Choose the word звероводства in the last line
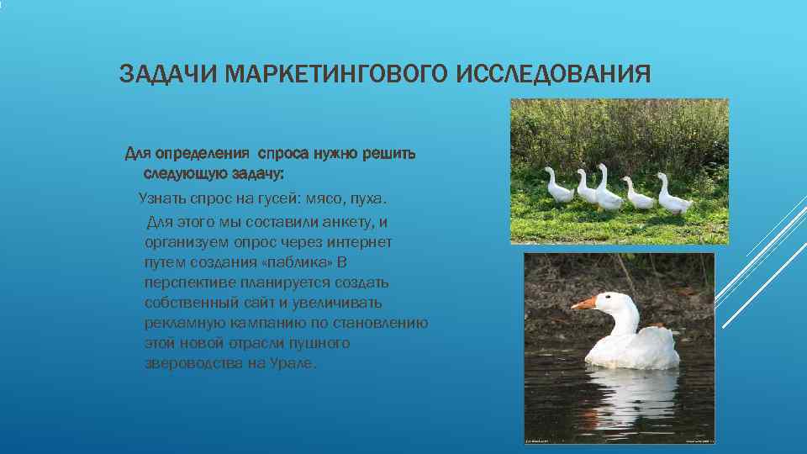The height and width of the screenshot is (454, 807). tap(185, 364)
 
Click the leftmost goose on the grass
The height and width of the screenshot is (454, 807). tap(556, 186)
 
